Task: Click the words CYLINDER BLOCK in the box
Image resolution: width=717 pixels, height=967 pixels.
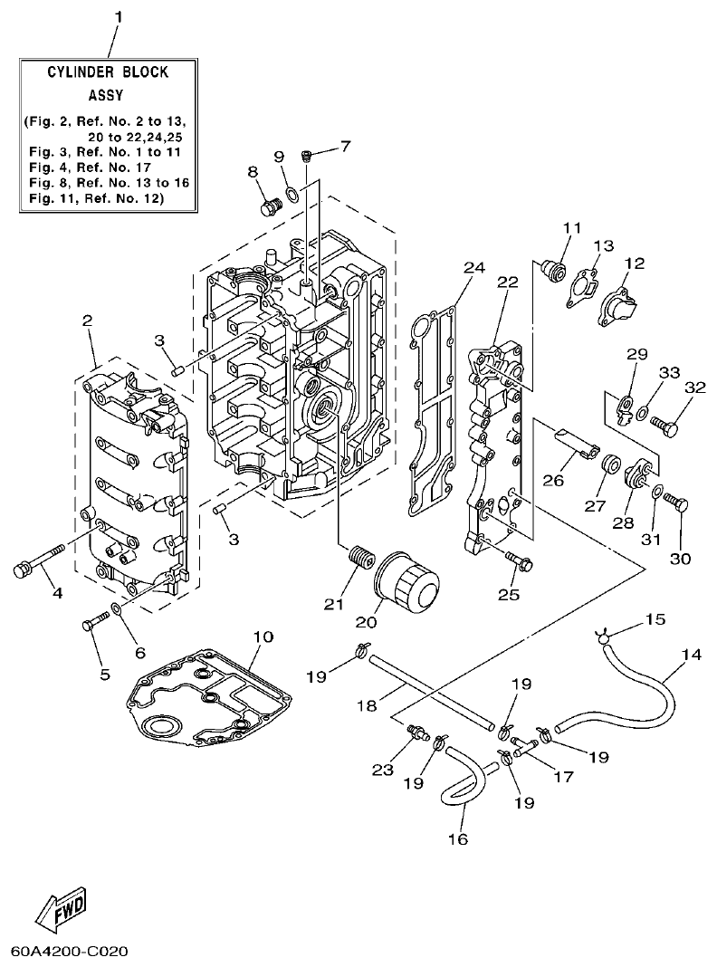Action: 108,72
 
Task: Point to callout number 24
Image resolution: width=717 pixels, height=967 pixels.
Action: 473,267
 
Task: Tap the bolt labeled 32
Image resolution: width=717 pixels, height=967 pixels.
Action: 668,421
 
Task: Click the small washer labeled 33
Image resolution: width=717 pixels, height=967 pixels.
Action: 641,414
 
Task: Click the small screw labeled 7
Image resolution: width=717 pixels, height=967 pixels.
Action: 307,156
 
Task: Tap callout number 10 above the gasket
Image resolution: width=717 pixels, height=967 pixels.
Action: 263,637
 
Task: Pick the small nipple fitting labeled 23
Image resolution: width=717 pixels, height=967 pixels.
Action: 417,730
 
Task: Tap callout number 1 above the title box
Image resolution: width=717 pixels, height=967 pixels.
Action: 116,17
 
